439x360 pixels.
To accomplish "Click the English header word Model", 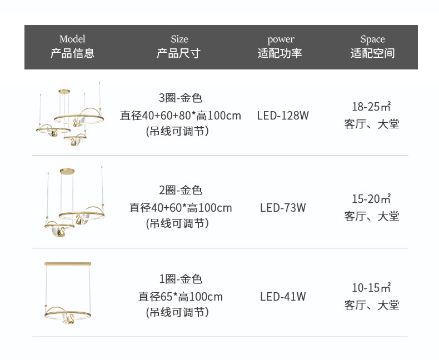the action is (72, 39).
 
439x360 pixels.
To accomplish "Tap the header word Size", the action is (179, 39).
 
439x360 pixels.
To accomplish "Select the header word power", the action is (281, 39).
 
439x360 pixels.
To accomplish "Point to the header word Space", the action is (373, 39).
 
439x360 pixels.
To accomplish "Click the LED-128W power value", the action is (283, 116).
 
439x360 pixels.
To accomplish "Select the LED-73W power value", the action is (283, 208).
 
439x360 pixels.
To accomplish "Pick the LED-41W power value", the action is (283, 297).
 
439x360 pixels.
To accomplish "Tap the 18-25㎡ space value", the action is (371, 106).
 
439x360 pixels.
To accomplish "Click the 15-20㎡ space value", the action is (371, 199).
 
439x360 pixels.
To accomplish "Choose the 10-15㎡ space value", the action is (371, 287).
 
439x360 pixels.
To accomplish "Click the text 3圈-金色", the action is (180, 98).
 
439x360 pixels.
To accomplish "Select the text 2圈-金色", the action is (180, 191).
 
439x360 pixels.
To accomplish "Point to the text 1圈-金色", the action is (180, 279).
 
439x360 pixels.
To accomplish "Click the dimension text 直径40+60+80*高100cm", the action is (180, 116).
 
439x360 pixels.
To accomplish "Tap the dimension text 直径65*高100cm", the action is (180, 297).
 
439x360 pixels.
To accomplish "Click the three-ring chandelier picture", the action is (70, 114).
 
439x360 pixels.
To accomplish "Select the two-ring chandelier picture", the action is (74, 202).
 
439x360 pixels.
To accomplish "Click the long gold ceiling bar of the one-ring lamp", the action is (68, 264).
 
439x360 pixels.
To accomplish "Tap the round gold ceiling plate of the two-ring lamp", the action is (67, 171).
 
